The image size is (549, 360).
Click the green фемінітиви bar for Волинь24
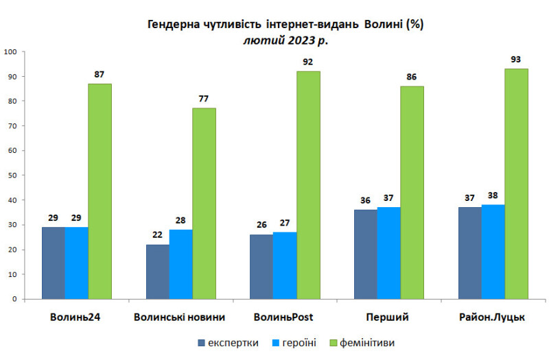click(x=100, y=191)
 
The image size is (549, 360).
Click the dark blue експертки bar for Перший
click(x=366, y=254)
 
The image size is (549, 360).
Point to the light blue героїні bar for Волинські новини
click(x=181, y=264)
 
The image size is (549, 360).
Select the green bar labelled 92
click(x=308, y=185)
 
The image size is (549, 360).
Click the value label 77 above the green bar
click(x=204, y=98)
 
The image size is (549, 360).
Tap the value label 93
click(x=517, y=59)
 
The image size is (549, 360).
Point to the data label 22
click(x=158, y=235)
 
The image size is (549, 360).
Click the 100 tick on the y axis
click(x=10, y=52)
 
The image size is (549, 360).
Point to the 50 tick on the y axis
click(x=12, y=176)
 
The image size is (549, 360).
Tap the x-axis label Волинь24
click(x=75, y=317)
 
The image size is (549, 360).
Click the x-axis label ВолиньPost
click(x=285, y=317)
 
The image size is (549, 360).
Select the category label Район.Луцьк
click(x=493, y=317)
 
